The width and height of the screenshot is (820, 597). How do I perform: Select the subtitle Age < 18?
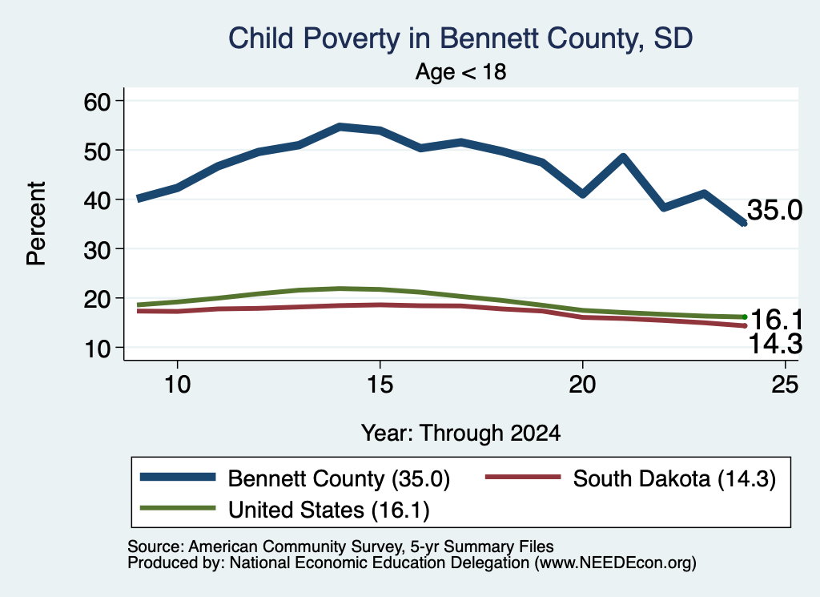tap(460, 71)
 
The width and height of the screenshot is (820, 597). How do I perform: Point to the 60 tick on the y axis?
tap(97, 101)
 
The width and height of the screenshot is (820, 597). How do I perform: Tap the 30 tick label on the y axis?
tap(97, 249)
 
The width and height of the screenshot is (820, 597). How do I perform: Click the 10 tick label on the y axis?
tap(97, 349)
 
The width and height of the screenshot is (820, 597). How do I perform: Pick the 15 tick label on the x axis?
tap(380, 385)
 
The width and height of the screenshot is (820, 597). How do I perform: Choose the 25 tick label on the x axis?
tap(785, 385)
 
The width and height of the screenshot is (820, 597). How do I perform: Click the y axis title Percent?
tap(37, 224)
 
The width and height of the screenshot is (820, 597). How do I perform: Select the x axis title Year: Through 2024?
tap(460, 434)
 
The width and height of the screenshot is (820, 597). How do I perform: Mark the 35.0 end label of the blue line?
tap(774, 210)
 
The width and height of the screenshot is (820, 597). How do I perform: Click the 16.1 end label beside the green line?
tap(777, 319)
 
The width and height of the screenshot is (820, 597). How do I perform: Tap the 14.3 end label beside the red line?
tap(775, 345)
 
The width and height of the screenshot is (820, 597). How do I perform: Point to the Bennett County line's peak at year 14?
tap(340, 127)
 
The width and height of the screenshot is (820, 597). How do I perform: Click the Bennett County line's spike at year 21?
tap(623, 156)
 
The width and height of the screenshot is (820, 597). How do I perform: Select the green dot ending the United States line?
tap(745, 317)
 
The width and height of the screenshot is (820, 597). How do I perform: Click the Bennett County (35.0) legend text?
tap(339, 478)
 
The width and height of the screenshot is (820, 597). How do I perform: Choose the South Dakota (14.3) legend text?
tap(674, 478)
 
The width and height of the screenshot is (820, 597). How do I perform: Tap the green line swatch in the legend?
tap(178, 507)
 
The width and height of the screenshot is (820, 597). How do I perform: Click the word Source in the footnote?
tap(155, 547)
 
